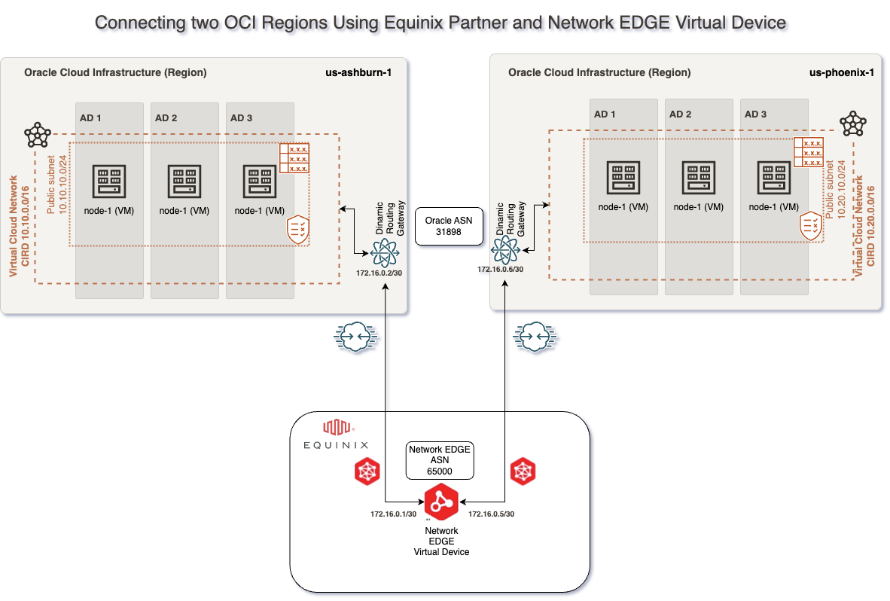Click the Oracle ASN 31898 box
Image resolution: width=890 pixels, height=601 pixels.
(x=448, y=227)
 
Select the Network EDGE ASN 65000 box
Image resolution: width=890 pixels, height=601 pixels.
(x=440, y=460)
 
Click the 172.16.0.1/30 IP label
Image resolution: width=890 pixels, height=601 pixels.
(x=394, y=514)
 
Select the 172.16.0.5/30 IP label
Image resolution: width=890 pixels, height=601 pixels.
(x=491, y=514)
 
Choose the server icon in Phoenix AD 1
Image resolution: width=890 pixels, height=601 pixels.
(x=623, y=178)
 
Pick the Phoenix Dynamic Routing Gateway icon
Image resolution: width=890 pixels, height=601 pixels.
(x=504, y=247)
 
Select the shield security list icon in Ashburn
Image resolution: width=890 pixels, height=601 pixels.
(x=299, y=230)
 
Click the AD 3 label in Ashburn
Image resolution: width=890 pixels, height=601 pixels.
(x=242, y=117)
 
